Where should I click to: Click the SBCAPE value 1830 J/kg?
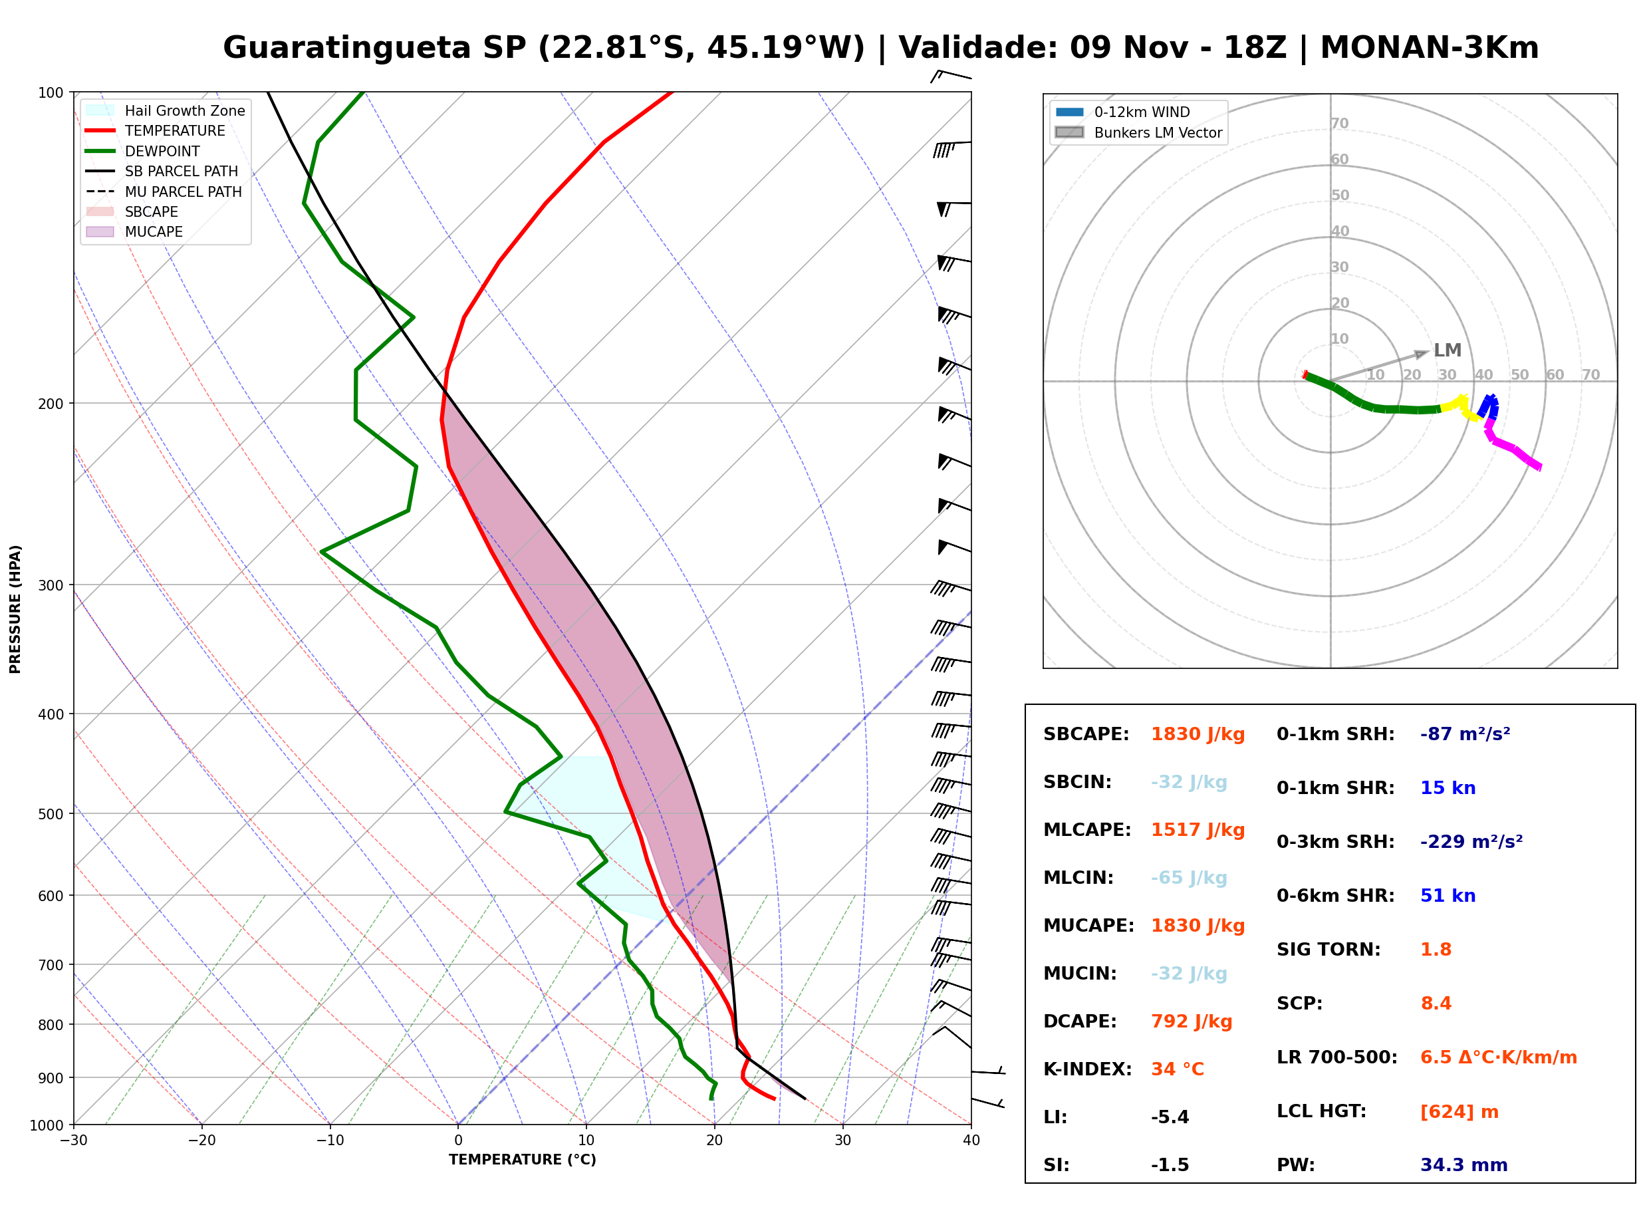click(1198, 734)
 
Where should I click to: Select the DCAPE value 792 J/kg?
click(1192, 1021)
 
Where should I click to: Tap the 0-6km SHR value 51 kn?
click(1448, 896)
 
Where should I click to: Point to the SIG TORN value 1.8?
click(1435, 950)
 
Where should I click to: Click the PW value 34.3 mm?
click(1464, 1165)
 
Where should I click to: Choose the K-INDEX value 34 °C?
click(1178, 1069)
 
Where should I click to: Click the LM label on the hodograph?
click(1447, 350)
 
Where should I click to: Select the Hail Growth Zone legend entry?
click(166, 110)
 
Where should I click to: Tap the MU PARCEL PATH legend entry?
click(164, 192)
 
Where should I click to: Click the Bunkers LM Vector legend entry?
click(1138, 132)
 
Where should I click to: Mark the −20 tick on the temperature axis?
click(201, 1141)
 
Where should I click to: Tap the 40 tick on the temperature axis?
click(971, 1141)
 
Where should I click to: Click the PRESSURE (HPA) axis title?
click(15, 609)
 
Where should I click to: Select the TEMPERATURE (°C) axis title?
click(523, 1160)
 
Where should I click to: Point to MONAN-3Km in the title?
click(1430, 48)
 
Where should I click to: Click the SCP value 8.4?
click(1436, 1004)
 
